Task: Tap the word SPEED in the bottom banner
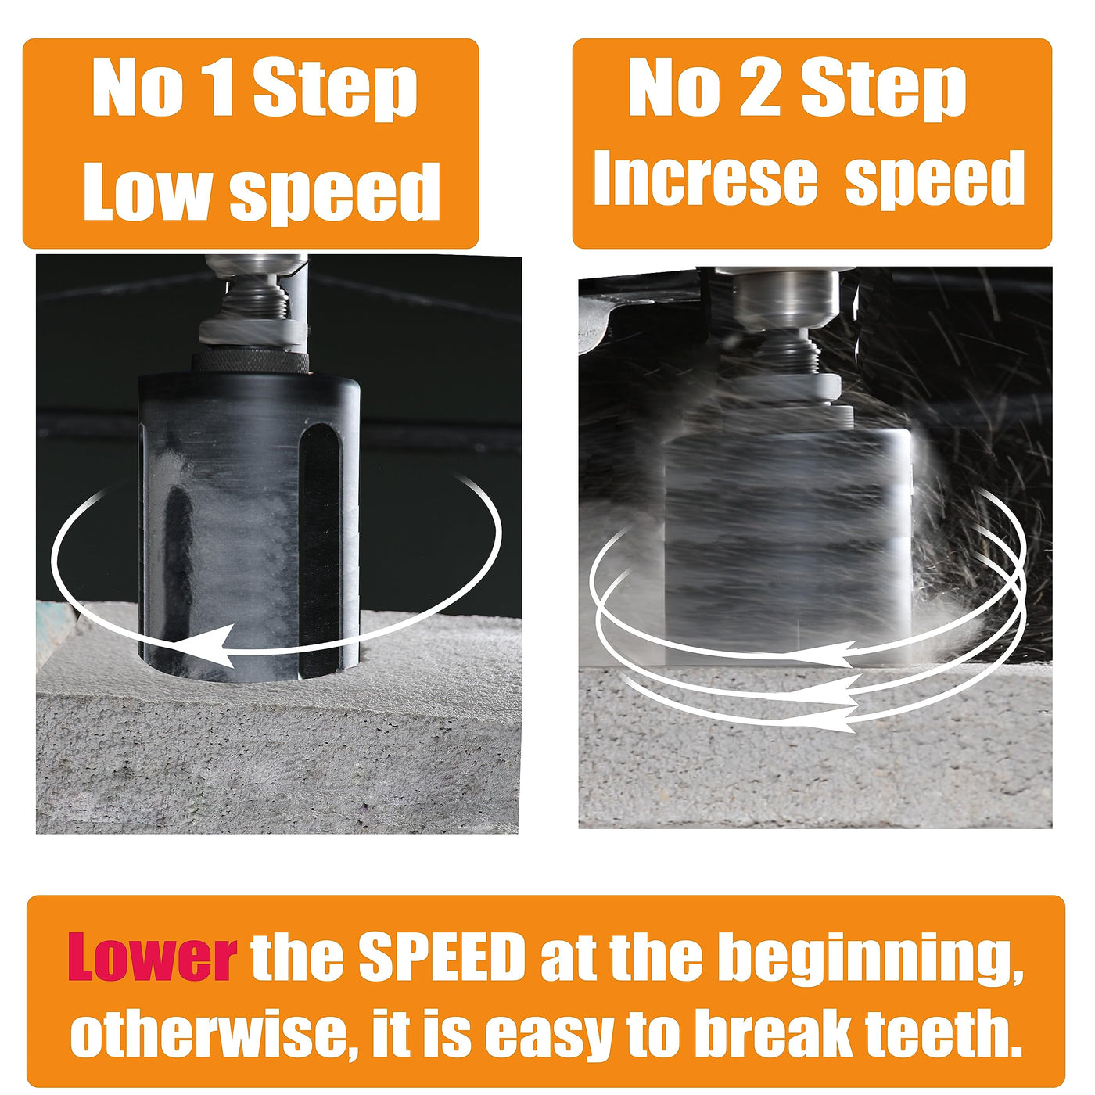pos(442,957)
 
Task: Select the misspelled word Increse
pos(705,178)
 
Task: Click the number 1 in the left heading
pos(217,88)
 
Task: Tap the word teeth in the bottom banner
pos(944,1032)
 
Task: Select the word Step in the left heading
pos(336,90)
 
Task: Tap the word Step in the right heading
pos(884,90)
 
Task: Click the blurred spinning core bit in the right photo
pos(787,545)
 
